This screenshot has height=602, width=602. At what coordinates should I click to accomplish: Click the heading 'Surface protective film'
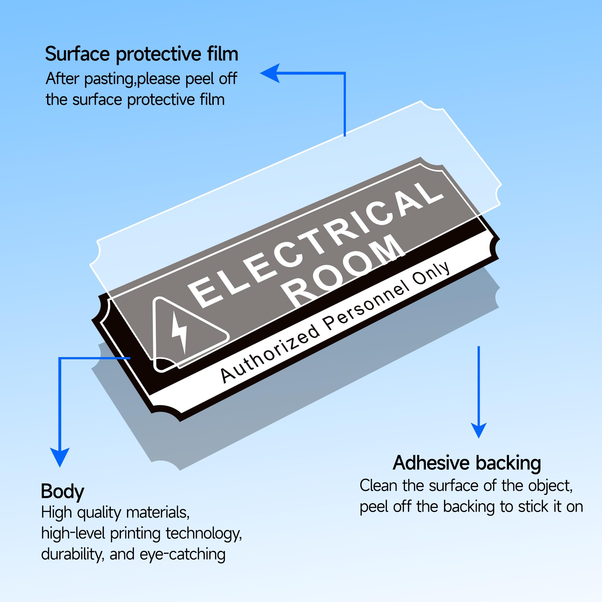(141, 54)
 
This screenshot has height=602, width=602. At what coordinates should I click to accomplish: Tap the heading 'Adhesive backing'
(467, 463)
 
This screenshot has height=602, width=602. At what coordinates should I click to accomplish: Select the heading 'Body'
(62, 491)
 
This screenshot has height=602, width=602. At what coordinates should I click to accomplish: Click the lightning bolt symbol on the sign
(180, 332)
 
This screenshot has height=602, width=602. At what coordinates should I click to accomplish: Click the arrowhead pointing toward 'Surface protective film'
(270, 73)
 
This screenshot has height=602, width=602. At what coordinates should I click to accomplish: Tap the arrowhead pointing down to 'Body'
(60, 457)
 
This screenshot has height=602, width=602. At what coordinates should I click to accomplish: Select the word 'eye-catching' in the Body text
(182, 554)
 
